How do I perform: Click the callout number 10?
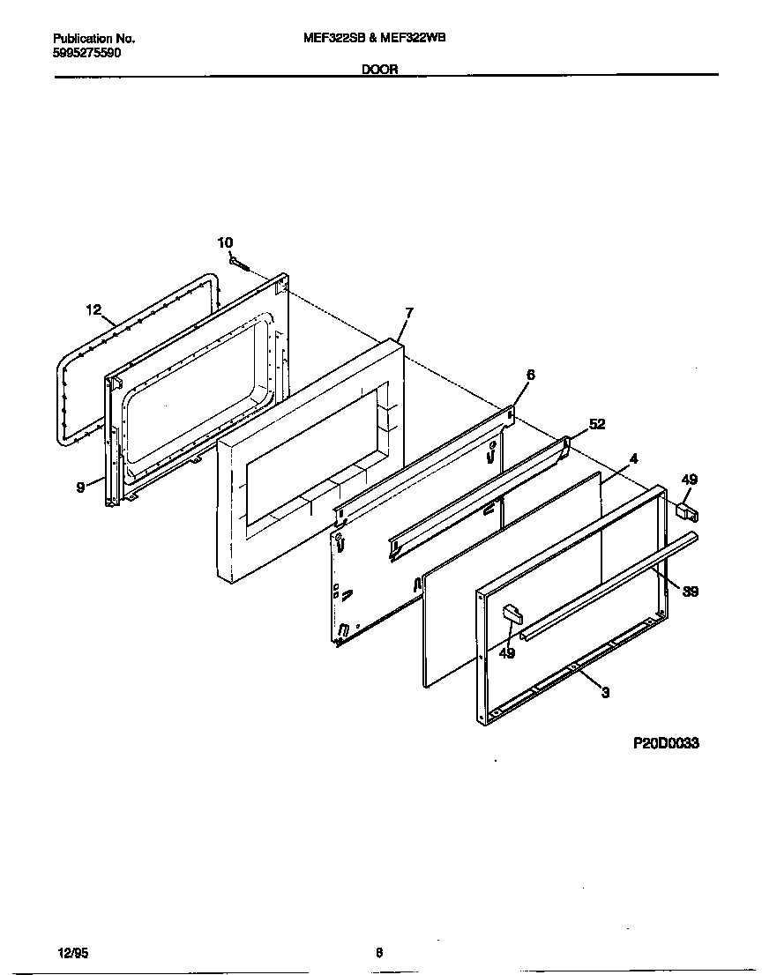click(x=225, y=242)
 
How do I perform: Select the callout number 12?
click(x=94, y=309)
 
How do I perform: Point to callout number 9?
click(x=80, y=486)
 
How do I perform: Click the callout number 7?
click(x=409, y=312)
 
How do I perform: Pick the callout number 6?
click(x=529, y=375)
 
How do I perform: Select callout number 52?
click(x=597, y=424)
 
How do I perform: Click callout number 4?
click(x=633, y=458)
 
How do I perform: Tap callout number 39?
click(x=691, y=592)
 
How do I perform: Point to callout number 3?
click(x=605, y=693)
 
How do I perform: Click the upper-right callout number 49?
click(x=689, y=480)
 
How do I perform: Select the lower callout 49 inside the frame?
click(x=506, y=652)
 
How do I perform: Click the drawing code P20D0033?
click(x=666, y=743)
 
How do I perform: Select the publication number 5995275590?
click(x=87, y=53)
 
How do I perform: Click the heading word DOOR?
click(x=380, y=69)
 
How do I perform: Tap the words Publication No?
click(x=94, y=39)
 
